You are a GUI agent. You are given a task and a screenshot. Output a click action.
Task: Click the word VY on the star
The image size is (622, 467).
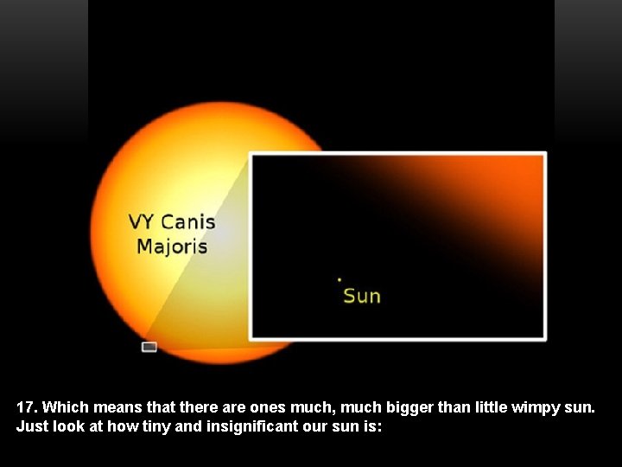(142, 222)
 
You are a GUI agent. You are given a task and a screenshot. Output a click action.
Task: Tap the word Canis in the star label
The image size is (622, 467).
(187, 222)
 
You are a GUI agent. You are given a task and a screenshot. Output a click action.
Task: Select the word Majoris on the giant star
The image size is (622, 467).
(172, 247)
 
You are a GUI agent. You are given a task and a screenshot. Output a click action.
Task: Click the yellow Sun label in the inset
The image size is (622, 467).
(362, 296)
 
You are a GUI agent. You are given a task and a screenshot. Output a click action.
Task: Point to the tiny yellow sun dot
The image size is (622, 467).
(340, 279)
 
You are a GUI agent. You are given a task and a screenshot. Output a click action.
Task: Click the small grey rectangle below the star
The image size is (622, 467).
(149, 347)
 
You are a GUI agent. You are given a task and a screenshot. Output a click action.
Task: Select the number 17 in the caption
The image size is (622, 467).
(26, 406)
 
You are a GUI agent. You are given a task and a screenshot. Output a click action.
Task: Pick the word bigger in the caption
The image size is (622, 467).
(410, 406)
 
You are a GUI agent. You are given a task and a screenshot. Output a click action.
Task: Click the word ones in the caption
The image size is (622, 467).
(268, 406)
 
